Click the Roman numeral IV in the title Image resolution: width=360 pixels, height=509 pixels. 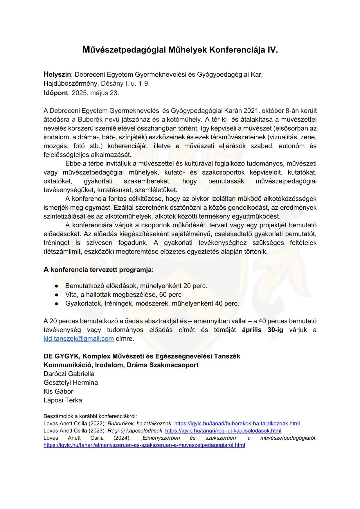tap(272, 50)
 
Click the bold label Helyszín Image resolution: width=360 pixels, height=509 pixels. tap(57, 75)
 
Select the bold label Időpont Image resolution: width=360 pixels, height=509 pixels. tap(56, 93)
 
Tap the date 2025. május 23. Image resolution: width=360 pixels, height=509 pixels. tap(96, 93)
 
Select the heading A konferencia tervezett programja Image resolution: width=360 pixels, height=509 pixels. tap(99, 270)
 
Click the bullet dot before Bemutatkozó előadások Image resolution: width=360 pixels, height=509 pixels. tap(57, 286)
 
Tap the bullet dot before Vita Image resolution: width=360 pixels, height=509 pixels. tap(57, 295)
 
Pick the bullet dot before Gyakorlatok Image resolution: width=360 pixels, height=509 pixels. tap(57, 304)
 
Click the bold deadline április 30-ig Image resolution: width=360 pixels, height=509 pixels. tap(262, 330)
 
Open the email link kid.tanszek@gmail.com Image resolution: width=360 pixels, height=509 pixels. tap(79, 339)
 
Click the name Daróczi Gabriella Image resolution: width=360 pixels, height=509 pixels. tap(69, 374)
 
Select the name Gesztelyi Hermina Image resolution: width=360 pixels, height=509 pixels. tap(71, 383)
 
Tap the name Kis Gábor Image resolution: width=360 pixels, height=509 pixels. tap(58, 391)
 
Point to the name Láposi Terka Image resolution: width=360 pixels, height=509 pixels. tap(63, 400)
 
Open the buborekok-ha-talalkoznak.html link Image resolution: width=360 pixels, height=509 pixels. tap(237, 424)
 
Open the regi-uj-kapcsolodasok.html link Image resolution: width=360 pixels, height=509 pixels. tap(223, 431)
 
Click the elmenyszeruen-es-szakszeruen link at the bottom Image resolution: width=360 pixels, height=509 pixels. tap(144, 445)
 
